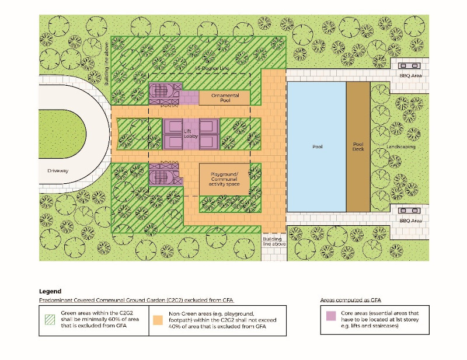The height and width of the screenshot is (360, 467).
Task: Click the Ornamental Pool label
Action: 225,98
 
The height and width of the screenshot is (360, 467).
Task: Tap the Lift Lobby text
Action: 191,134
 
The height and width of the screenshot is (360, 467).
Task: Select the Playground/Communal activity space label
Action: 224,179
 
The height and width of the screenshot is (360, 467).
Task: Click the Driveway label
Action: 58,170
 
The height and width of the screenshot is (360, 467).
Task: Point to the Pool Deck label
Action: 358,146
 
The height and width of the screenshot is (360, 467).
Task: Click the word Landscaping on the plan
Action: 400,147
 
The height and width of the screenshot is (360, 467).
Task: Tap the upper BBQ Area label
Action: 410,76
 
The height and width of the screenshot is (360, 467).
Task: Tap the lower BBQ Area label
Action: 410,221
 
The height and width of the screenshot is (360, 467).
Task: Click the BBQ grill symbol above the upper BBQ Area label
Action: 409,65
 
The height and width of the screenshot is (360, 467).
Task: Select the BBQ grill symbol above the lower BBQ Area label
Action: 409,211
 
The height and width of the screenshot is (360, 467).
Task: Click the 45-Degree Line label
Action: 212,68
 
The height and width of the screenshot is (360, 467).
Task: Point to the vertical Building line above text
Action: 106,64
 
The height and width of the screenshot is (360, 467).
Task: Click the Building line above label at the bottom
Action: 274,242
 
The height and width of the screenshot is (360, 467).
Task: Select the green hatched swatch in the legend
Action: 50,320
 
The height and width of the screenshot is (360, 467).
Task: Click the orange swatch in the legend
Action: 158,320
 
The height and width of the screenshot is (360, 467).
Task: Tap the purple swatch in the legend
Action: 331,316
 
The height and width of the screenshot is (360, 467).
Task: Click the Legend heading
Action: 50,291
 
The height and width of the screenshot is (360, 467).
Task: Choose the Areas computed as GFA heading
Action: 351,300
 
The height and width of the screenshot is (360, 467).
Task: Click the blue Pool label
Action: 317,146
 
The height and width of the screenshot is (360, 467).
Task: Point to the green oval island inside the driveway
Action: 62,134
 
